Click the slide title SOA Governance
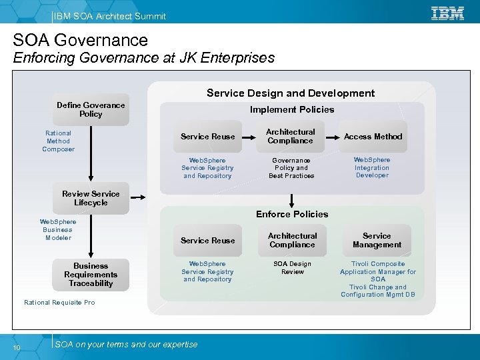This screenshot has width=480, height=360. (81, 40)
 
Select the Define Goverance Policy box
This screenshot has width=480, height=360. (91, 109)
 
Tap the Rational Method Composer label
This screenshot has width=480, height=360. (58, 141)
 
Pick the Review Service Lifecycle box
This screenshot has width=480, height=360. (91, 198)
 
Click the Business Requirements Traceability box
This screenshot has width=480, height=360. (91, 274)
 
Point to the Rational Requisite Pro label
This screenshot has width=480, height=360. (59, 303)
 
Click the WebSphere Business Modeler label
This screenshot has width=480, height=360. (58, 229)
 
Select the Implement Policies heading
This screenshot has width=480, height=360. (292, 109)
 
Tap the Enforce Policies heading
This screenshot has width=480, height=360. (292, 214)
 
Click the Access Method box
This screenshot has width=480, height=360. (373, 136)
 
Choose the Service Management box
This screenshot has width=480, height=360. (377, 240)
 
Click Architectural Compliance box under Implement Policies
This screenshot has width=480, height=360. (290, 136)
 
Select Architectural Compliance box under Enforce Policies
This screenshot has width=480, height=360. (292, 240)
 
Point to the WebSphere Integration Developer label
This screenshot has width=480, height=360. (372, 167)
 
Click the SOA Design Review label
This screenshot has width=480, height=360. (292, 267)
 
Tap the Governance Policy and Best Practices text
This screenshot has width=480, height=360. (291, 168)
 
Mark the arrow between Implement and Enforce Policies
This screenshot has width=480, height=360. (291, 199)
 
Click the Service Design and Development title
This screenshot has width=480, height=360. (291, 93)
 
